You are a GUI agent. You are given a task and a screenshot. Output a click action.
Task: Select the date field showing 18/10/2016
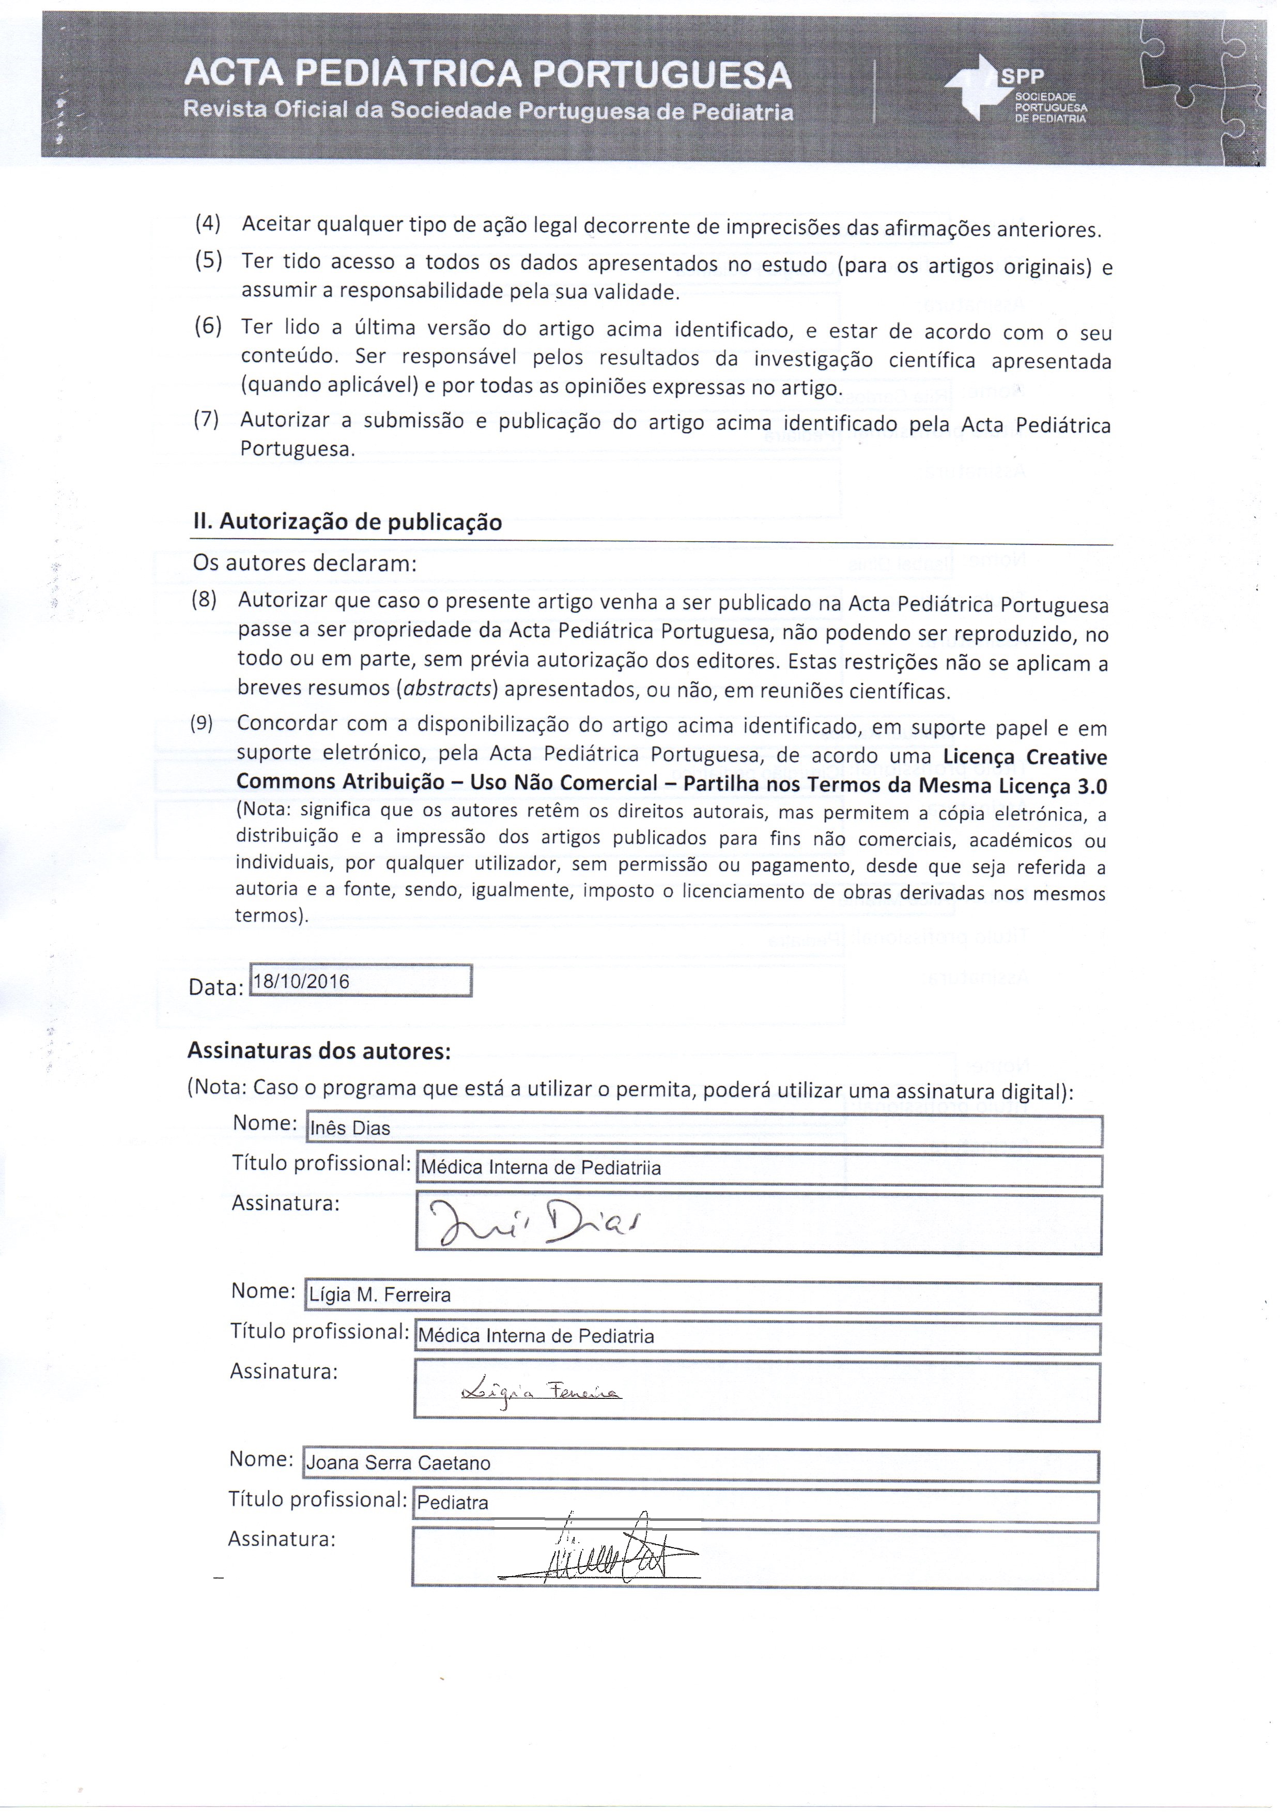tap(360, 981)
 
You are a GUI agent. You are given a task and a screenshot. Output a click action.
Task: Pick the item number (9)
tap(202, 723)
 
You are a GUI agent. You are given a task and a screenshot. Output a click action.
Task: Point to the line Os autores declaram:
tap(304, 564)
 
